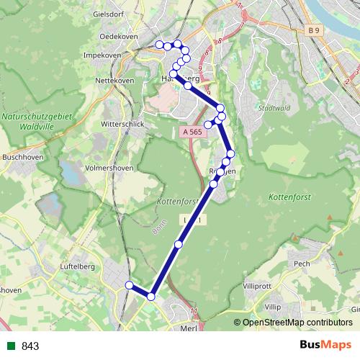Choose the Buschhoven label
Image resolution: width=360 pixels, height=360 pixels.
[x=19, y=156]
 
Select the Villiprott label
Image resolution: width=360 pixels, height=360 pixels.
[x=258, y=286]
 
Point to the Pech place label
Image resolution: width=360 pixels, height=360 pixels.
[x=302, y=264]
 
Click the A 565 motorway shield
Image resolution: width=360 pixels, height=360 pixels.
[x=192, y=132]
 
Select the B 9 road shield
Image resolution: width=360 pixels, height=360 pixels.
[x=312, y=30]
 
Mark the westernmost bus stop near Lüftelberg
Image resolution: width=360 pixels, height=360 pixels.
[x=130, y=286]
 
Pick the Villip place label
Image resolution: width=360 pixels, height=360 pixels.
[x=272, y=307]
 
